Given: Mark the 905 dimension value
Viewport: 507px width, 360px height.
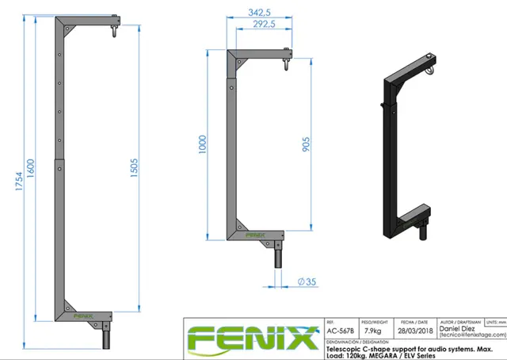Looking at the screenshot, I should pyautogui.click(x=306, y=144).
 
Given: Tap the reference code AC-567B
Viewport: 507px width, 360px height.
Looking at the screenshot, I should pyautogui.click(x=340, y=331).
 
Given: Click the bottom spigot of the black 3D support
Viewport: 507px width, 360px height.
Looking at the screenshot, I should pyautogui.click(x=422, y=233).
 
